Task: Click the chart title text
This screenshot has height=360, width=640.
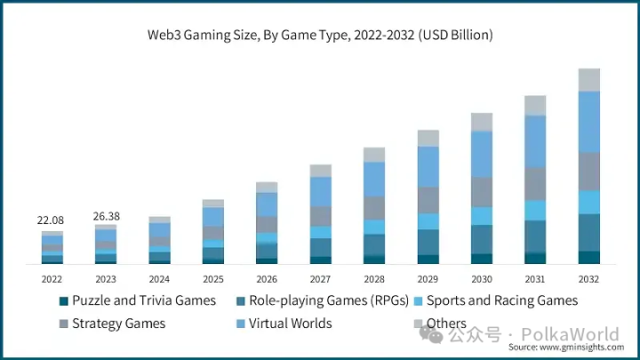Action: (x=320, y=36)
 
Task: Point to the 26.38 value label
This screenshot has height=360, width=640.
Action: (x=106, y=216)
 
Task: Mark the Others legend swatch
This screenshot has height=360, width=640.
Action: (x=418, y=324)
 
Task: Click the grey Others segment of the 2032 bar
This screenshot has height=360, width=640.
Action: (x=588, y=80)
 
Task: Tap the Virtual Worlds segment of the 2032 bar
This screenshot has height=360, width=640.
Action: (x=588, y=122)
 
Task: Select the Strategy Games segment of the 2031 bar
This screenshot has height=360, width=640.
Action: (x=535, y=184)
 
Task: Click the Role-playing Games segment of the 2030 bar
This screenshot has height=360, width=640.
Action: (x=482, y=239)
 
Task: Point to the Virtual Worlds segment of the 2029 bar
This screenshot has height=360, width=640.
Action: (x=428, y=166)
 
